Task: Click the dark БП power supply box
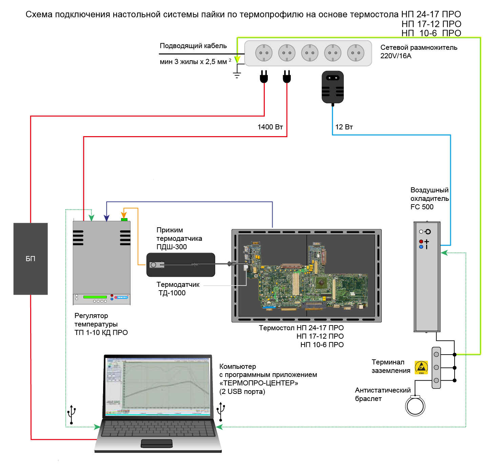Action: (x=31, y=258)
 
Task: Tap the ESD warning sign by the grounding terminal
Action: (x=421, y=367)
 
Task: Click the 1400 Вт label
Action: (x=270, y=127)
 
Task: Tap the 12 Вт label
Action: (x=344, y=127)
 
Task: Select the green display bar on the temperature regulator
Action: (x=95, y=297)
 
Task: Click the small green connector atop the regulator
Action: (x=124, y=219)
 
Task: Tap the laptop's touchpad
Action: (x=157, y=443)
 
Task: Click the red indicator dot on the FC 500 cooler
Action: (x=421, y=241)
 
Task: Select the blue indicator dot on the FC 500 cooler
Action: (x=421, y=247)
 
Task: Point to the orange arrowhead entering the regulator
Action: (x=124, y=215)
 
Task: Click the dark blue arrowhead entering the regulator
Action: (x=106, y=218)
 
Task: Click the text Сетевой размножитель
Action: (x=419, y=47)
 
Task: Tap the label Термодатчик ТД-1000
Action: (x=178, y=289)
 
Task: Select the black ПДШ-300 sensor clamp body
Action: (x=181, y=265)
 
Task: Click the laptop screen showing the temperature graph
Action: (x=158, y=386)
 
